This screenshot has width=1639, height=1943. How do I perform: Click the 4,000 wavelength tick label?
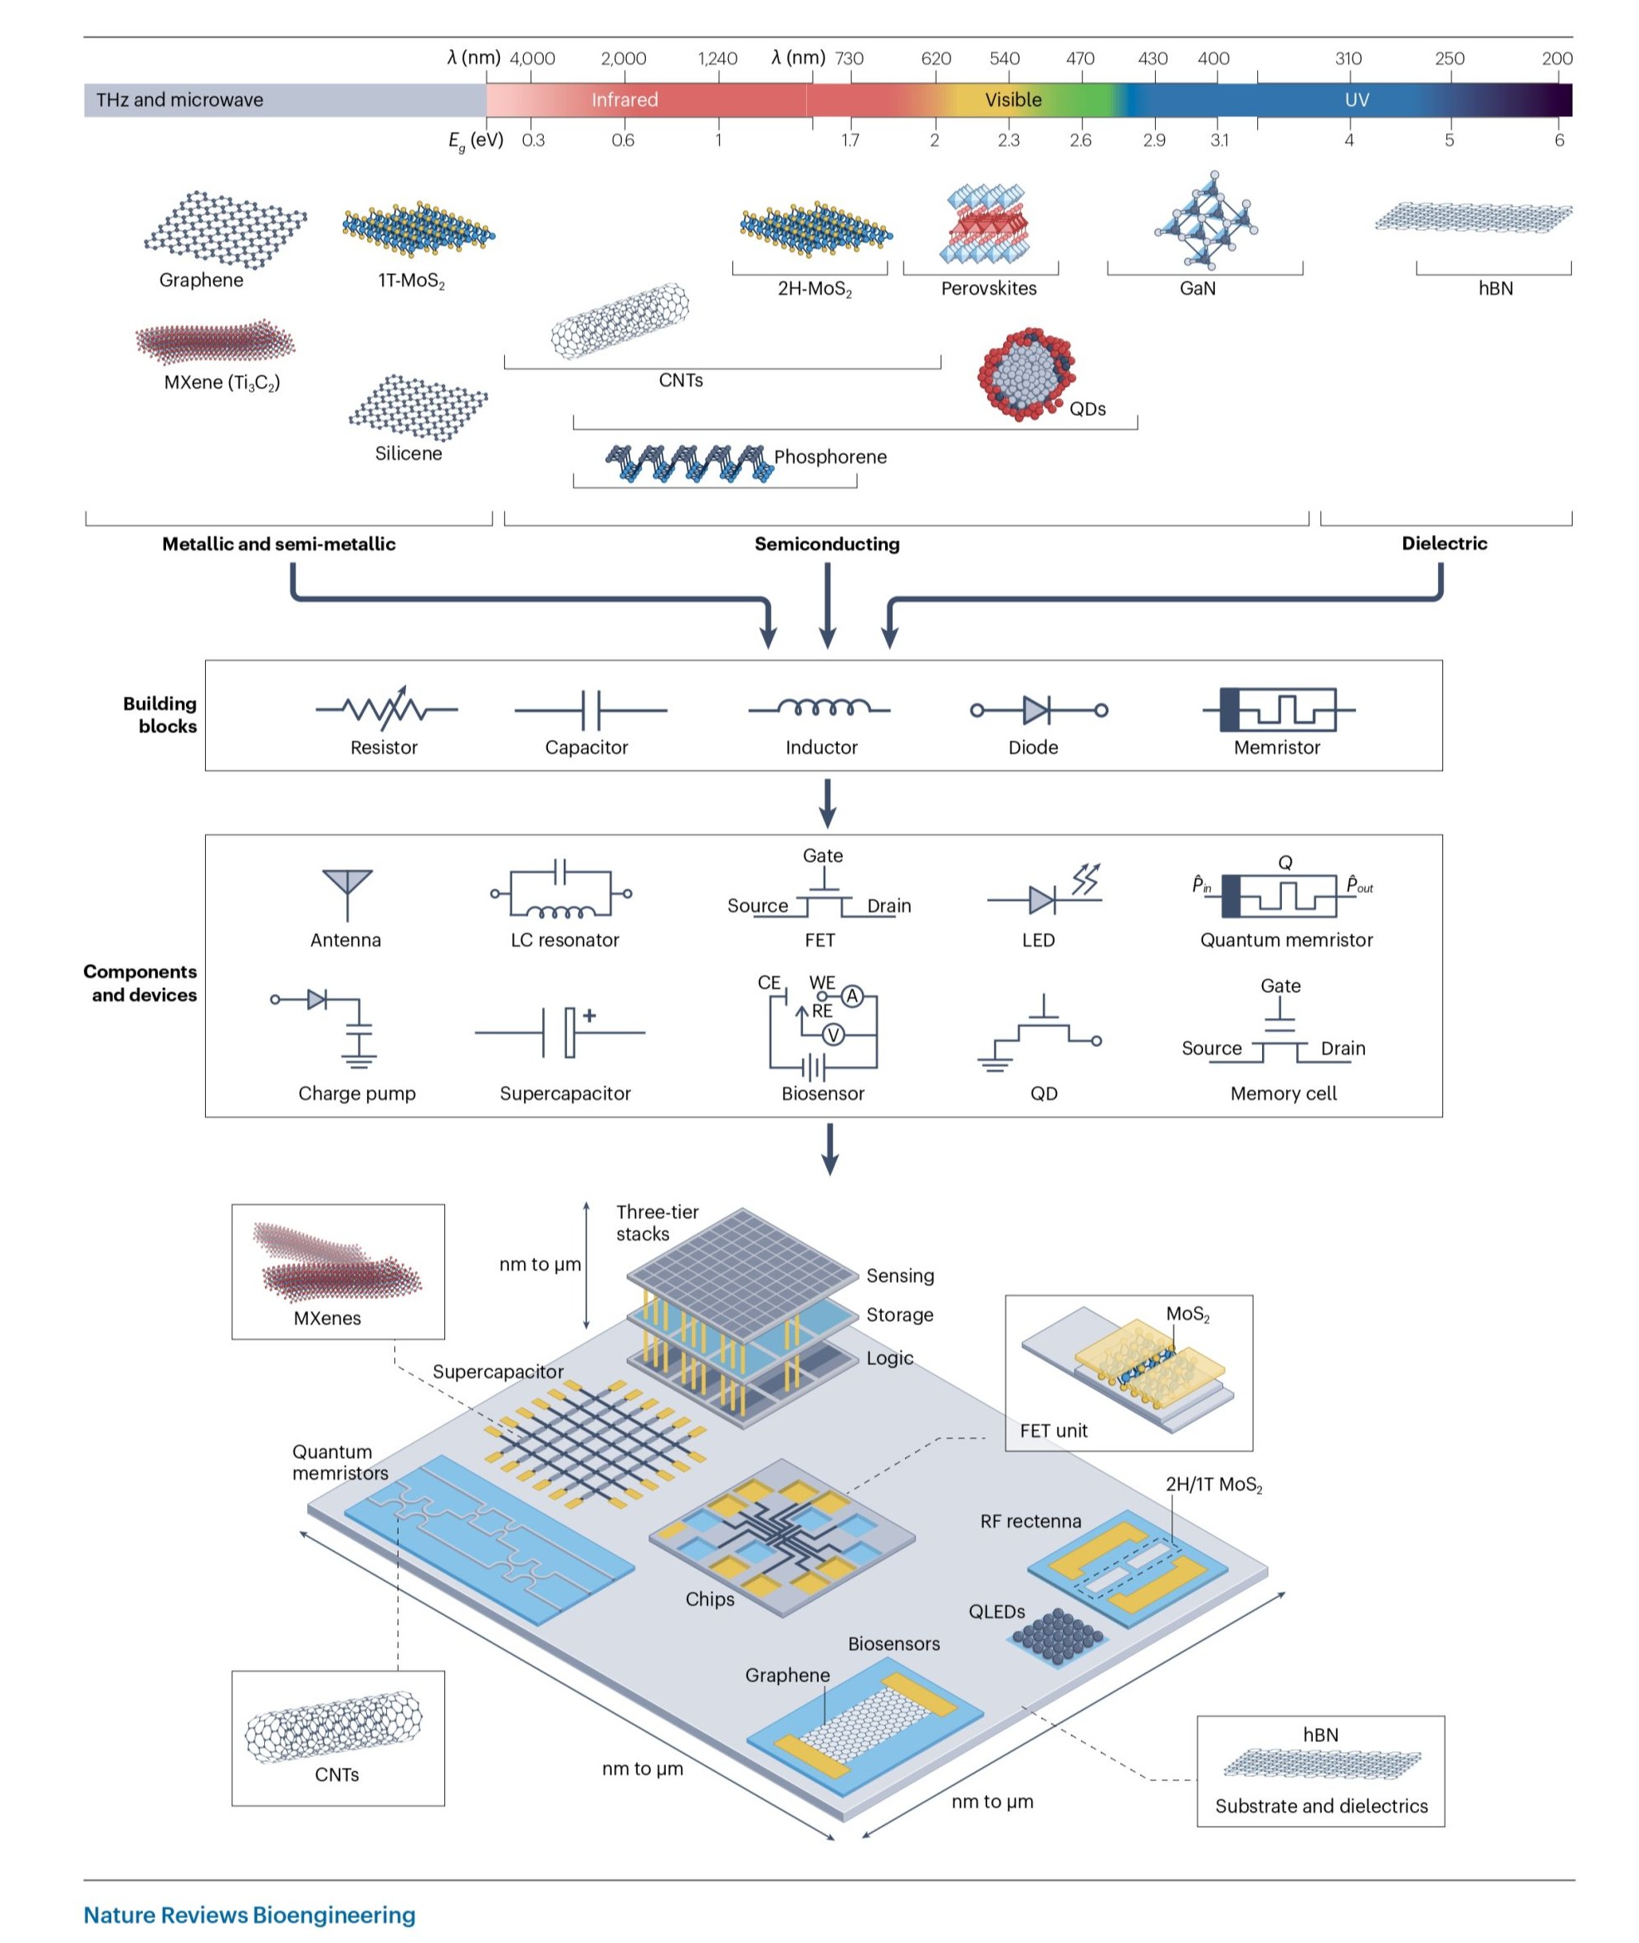click(532, 59)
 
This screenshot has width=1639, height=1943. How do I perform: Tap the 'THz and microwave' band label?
click(179, 100)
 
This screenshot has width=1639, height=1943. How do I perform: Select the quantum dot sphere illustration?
click(1025, 374)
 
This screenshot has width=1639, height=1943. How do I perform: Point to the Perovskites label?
click(988, 288)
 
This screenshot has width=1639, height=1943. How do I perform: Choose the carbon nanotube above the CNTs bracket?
click(621, 321)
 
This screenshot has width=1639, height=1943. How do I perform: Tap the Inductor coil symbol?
click(820, 709)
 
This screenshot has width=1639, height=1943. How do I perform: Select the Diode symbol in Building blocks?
click(1038, 711)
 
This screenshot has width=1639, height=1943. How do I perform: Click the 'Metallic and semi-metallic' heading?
click(279, 544)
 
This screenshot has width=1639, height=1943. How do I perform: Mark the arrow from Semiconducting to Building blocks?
click(827, 604)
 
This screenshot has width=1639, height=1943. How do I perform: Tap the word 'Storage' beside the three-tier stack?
click(899, 1314)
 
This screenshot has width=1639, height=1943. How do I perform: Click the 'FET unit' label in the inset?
click(1053, 1430)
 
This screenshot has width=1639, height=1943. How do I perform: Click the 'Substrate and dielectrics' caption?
click(1320, 1805)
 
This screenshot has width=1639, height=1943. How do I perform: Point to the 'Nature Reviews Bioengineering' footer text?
click(249, 1914)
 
